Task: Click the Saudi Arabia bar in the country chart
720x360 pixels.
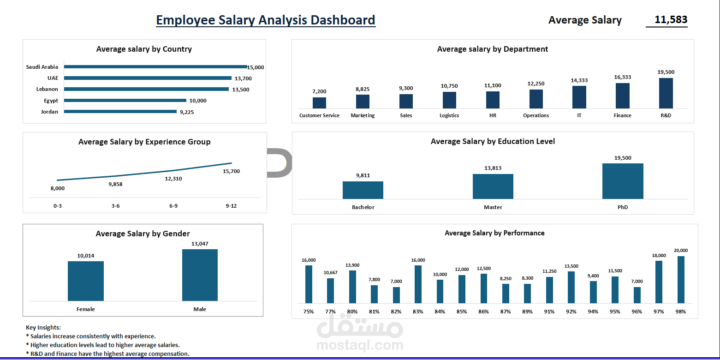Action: [x=155, y=67]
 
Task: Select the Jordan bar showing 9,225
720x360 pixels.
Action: [x=120, y=111]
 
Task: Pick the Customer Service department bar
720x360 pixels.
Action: [x=319, y=102]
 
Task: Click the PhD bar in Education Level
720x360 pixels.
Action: [x=623, y=181]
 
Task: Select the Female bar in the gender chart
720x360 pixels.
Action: [x=86, y=281]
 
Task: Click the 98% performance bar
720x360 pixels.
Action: [x=681, y=280]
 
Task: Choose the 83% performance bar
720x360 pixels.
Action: [x=418, y=284]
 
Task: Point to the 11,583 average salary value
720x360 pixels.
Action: [x=671, y=20]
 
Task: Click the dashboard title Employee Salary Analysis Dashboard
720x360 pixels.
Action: [x=266, y=20]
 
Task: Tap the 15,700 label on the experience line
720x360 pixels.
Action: [x=231, y=171]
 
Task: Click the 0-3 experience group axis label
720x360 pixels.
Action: [x=58, y=206]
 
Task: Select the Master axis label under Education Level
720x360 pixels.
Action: [x=493, y=207]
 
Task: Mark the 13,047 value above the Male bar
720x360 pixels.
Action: [x=200, y=244]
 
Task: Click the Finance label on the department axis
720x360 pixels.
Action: [x=622, y=115]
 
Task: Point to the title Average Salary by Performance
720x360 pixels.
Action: [x=494, y=233]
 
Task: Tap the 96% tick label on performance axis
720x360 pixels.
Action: [x=637, y=312]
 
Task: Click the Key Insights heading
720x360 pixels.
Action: [x=43, y=327]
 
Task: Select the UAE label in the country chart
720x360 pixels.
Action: [x=53, y=78]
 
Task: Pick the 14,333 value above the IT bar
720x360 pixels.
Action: [x=579, y=80]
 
